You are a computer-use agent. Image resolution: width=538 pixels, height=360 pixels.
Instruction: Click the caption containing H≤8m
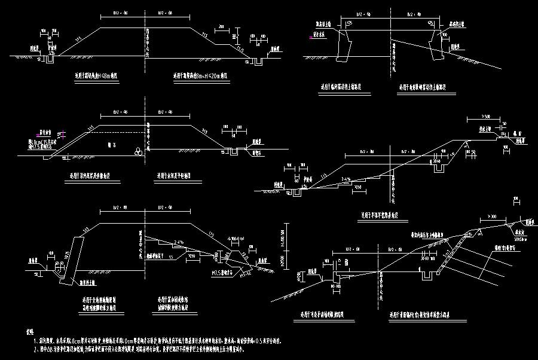point(92,77)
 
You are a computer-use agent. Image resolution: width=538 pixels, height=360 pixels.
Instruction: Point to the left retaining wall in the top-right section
point(342,45)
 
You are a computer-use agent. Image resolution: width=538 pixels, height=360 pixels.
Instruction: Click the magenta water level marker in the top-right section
point(310,36)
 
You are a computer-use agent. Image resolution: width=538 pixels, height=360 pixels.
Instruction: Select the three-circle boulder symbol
point(139,152)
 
